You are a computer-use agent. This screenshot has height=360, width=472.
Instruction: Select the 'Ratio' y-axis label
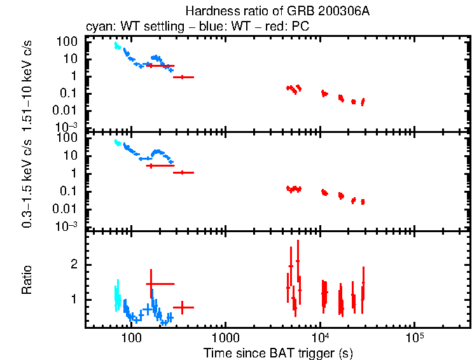coord(27,280)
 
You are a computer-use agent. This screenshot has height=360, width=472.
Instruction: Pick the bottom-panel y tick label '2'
coord(74,264)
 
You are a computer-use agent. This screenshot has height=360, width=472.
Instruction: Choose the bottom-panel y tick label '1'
coord(74,299)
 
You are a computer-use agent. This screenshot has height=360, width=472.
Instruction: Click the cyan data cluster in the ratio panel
coord(116,296)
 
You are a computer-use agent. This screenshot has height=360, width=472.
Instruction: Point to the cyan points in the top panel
coord(116,46)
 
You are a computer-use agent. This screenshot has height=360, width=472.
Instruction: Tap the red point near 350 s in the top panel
coord(183,77)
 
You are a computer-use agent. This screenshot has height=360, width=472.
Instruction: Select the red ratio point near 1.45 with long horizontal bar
coord(151,284)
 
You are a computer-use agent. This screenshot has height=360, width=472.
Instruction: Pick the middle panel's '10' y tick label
coord(72,156)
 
